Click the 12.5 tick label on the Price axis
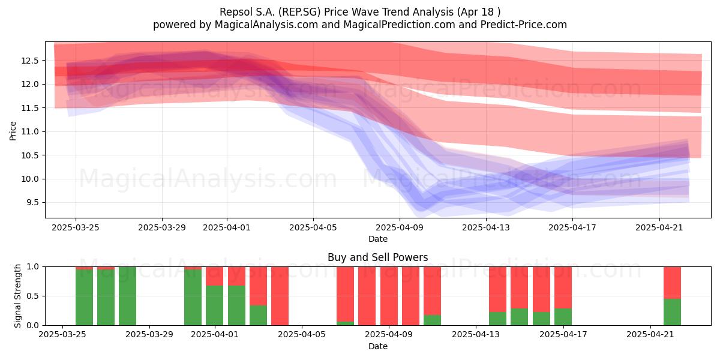pos(30,61)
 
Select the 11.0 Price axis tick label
pos(30,131)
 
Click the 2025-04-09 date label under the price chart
pos(400,227)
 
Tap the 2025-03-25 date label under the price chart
pos(76,227)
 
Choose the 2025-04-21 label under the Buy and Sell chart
pos(650,334)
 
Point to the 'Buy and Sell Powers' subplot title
pos(377,257)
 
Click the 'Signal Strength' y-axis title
pos(17,296)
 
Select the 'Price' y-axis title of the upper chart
pos(13,131)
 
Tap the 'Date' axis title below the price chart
pos(377,239)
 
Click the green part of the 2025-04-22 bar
pos(672,312)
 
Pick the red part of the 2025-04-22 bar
pos(672,283)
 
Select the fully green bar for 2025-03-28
pos(127,296)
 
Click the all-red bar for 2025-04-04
pos(280,296)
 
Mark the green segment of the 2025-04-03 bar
pos(258,315)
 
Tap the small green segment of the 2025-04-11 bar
pos(433,320)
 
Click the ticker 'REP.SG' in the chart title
pos(299,12)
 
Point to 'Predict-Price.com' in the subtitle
pos(524,25)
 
